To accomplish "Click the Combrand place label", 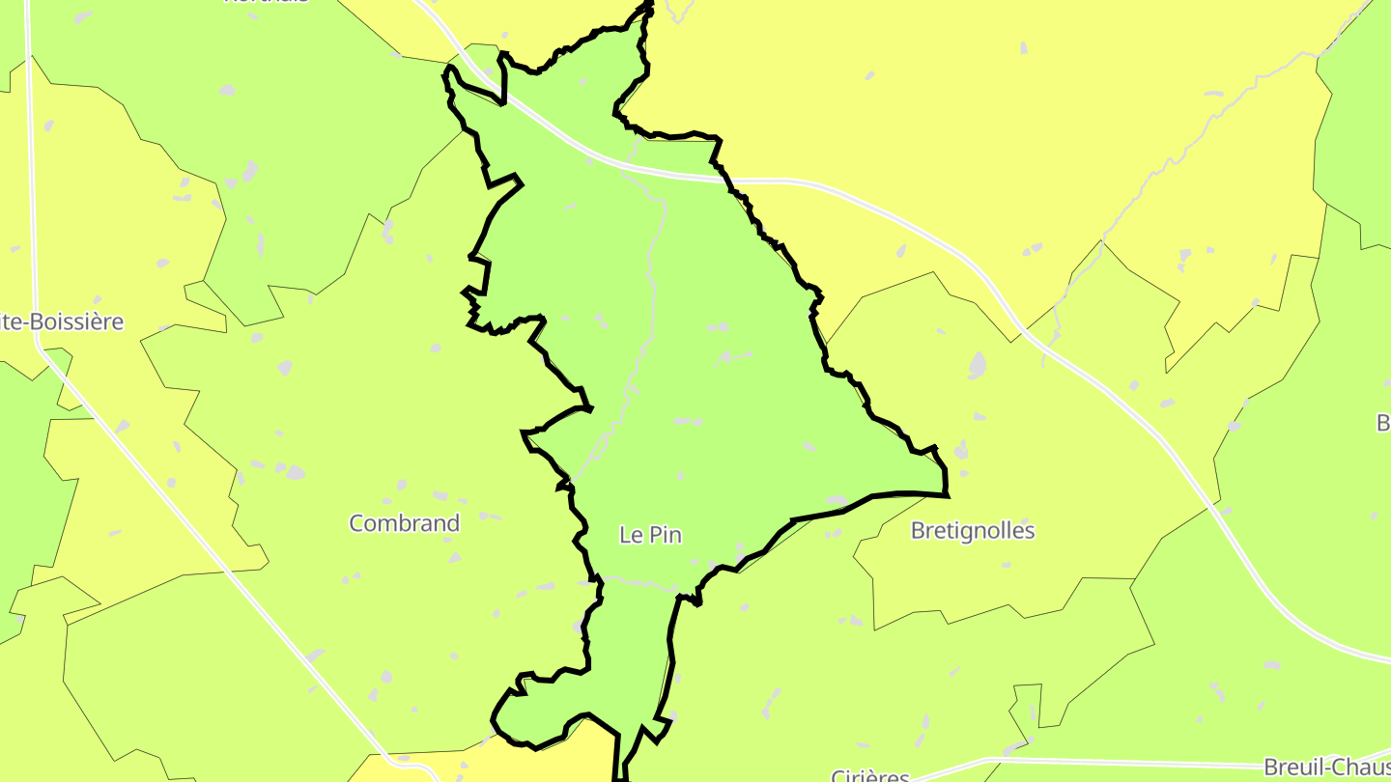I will point(404,523).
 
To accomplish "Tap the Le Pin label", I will point(650,535).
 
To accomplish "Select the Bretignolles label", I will point(973,531).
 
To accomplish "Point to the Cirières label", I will point(870,774).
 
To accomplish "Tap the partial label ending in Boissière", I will point(63,321).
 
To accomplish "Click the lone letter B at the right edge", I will point(1382,423).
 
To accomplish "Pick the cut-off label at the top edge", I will point(267,3).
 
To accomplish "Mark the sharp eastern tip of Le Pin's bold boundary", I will point(947,495).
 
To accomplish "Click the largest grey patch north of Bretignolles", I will point(978,365).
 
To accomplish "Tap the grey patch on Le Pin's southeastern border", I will point(835,501).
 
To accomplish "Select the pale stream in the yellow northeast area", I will point(1140,193).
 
